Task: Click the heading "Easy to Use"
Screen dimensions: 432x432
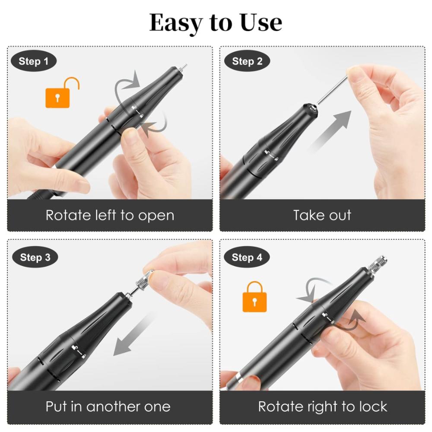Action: click(x=216, y=23)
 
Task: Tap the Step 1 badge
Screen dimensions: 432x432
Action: click(x=33, y=61)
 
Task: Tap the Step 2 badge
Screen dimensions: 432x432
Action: click(x=247, y=61)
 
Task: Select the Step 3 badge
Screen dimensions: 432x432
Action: click(x=35, y=258)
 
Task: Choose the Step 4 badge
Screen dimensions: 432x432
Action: click(x=247, y=258)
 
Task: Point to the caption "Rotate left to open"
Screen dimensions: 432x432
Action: click(x=110, y=215)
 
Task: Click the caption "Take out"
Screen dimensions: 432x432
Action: click(x=322, y=215)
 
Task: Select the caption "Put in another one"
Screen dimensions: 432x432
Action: click(x=108, y=407)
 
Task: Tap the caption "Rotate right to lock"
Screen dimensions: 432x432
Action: click(x=322, y=407)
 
